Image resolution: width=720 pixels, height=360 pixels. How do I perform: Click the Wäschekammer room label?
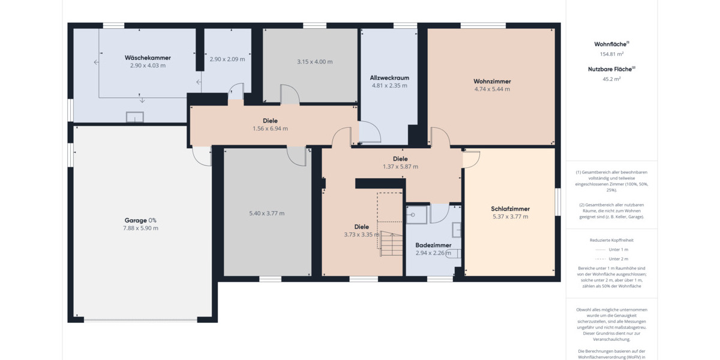[148, 58]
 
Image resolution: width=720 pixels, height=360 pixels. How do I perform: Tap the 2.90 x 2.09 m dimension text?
[227, 59]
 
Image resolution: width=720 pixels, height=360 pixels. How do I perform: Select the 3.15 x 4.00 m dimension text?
[314, 61]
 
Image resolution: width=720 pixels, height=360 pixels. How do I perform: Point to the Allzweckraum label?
[389, 77]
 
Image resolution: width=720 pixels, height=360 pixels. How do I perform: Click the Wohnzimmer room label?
[492, 81]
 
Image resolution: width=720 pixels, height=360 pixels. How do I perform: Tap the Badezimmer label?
[433, 245]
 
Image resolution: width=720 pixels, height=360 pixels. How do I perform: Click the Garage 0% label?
[141, 220]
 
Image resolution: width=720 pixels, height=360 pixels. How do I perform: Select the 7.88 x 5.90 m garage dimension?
[141, 228]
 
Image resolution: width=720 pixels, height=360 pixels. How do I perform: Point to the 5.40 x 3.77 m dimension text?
[266, 213]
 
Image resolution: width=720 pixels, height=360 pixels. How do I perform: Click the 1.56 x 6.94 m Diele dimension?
[270, 128]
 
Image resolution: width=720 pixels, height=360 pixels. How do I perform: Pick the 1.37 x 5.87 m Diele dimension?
[400, 167]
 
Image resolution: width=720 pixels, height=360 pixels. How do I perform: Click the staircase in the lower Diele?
[391, 243]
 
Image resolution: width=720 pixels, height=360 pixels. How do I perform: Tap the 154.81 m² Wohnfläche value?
[611, 53]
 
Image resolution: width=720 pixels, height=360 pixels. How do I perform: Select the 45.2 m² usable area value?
[611, 78]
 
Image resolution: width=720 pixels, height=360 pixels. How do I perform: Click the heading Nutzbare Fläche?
[610, 69]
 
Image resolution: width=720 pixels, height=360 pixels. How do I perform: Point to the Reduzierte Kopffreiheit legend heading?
[611, 240]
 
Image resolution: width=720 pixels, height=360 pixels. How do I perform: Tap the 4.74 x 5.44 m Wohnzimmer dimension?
[492, 89]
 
